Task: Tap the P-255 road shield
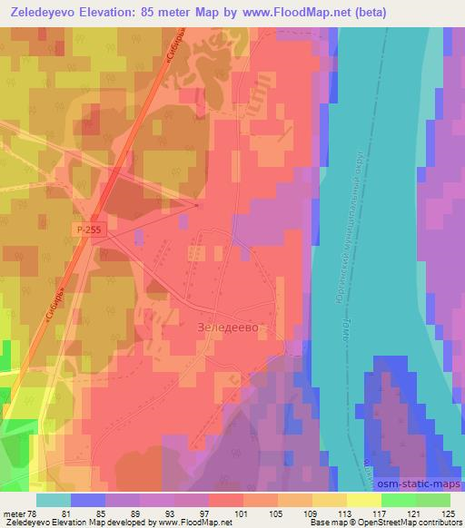click(x=90, y=231)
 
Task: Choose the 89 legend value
click(x=119, y=513)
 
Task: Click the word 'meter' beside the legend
click(x=13, y=513)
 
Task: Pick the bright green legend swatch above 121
click(x=399, y=500)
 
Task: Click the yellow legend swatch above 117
click(x=364, y=500)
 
